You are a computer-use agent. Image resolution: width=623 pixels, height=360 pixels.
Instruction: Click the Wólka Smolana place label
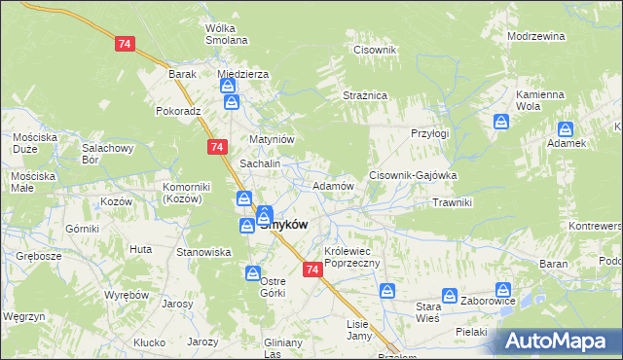click(x=226, y=34)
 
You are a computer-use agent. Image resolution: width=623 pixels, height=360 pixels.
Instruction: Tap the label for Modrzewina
click(x=536, y=35)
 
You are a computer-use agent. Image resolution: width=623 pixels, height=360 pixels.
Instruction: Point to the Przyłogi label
click(x=429, y=133)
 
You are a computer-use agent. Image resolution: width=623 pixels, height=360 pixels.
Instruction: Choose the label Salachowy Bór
click(x=107, y=154)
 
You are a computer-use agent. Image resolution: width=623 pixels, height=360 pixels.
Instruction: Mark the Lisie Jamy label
click(x=359, y=330)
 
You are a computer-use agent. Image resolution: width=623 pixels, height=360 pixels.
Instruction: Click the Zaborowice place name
click(x=488, y=301)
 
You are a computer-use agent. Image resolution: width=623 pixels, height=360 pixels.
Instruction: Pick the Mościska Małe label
click(x=33, y=182)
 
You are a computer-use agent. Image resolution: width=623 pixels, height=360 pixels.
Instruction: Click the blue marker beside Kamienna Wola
click(x=501, y=122)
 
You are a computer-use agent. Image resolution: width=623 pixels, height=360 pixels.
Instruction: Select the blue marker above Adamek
click(x=566, y=128)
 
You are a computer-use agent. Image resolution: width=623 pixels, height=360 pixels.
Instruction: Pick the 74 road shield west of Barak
click(x=124, y=44)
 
